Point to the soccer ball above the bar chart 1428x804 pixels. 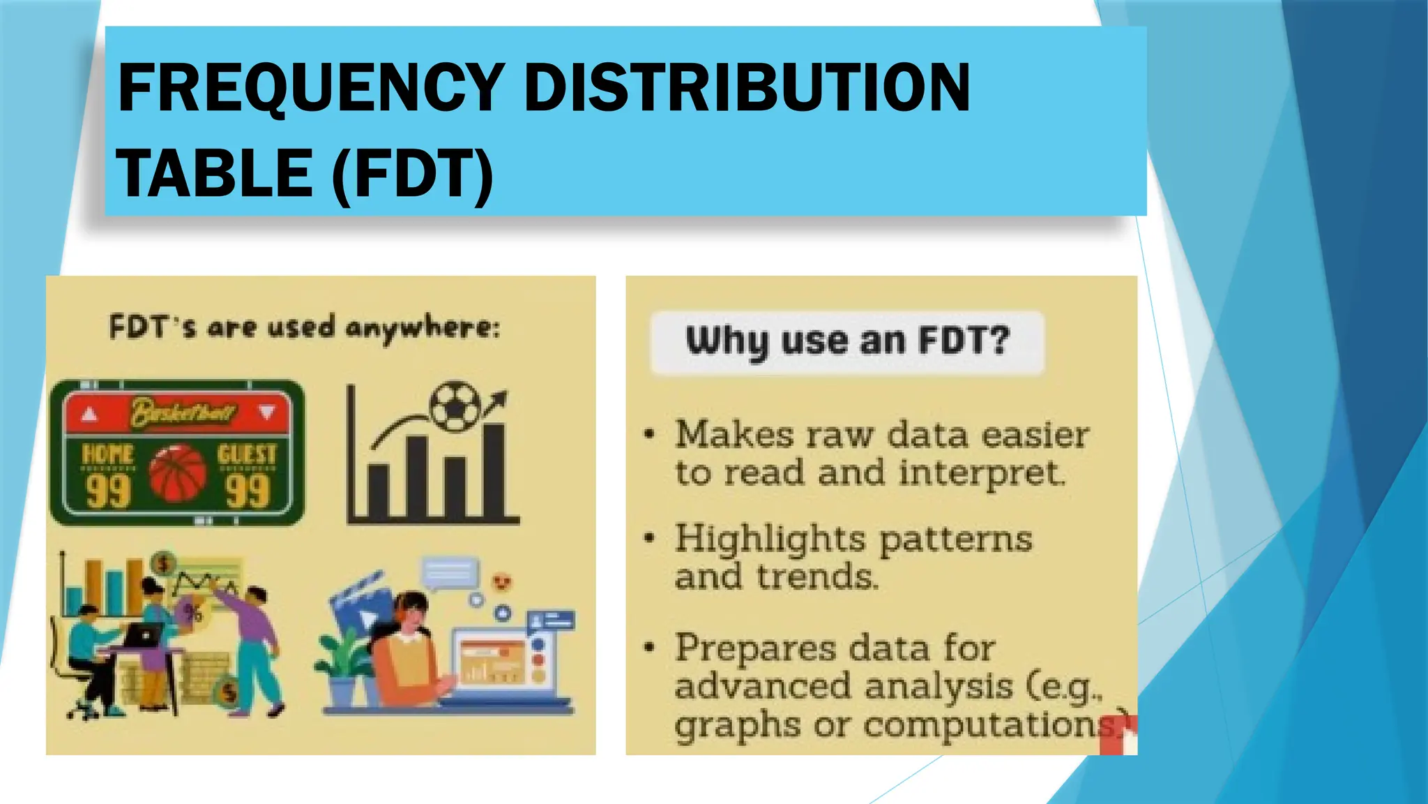pos(455,406)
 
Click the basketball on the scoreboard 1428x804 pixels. pos(178,475)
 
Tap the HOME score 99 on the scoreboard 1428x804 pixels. pos(108,491)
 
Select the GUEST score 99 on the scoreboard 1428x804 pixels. pos(248,491)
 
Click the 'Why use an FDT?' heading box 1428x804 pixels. pos(847,342)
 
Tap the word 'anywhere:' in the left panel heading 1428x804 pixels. pos(423,328)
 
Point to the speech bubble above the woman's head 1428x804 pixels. pos(450,574)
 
